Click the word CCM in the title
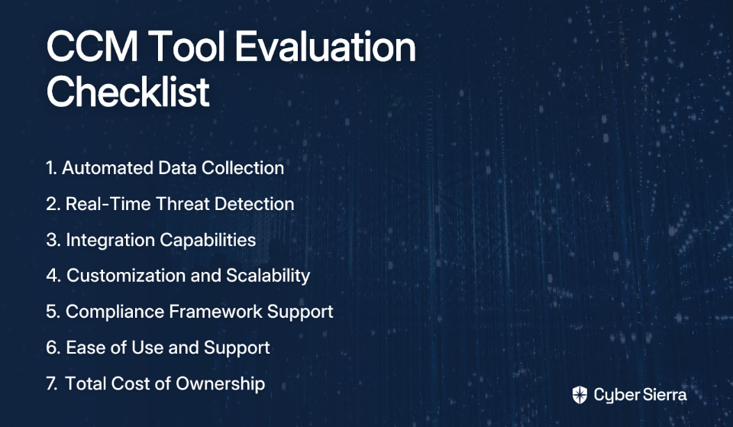tap(92, 47)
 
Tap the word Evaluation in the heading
tap(325, 47)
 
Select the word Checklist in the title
tap(128, 91)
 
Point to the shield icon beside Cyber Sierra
tap(580, 395)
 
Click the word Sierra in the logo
tap(663, 395)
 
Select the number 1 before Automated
tap(50, 168)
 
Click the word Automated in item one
tap(108, 168)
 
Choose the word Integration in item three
tap(110, 240)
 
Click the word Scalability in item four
tap(268, 276)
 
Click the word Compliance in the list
tap(115, 312)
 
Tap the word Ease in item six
tap(83, 348)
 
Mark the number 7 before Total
tap(51, 383)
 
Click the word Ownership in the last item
tap(220, 383)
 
